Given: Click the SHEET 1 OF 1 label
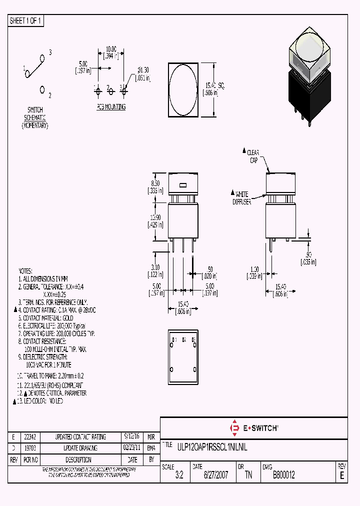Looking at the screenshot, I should coord(26,20).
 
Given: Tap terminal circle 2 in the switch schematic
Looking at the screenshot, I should coord(42,89).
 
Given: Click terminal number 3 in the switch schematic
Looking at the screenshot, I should coord(50,52).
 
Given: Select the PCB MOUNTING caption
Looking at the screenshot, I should coord(111,107).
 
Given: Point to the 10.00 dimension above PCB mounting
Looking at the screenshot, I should coord(110,49).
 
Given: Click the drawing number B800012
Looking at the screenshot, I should coord(283,475).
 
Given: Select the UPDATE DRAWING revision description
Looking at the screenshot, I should coord(80,448).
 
